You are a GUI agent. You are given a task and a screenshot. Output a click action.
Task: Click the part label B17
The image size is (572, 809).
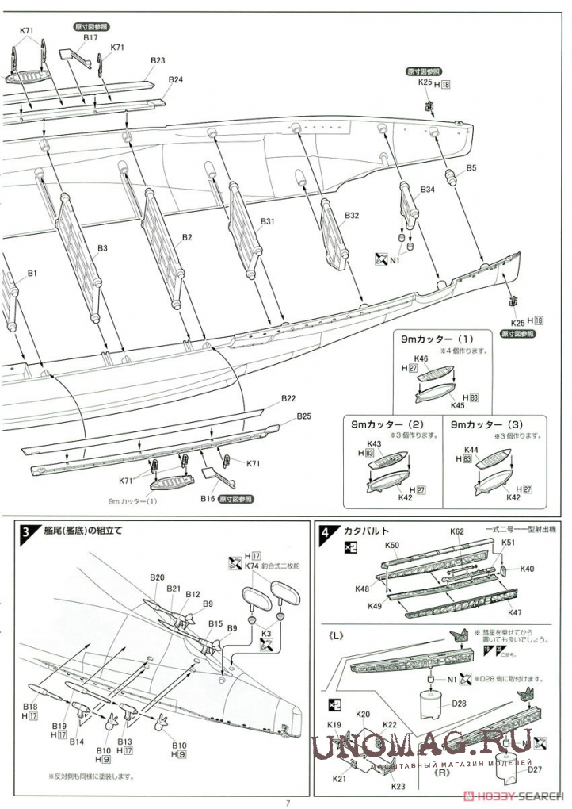(90, 37)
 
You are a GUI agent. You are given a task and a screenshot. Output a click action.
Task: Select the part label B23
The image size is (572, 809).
(156, 61)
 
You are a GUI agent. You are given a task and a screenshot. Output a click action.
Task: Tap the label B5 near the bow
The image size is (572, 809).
(471, 168)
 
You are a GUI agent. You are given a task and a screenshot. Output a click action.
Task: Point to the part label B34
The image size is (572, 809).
(427, 190)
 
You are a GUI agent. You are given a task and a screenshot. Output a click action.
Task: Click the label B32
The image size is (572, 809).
(352, 215)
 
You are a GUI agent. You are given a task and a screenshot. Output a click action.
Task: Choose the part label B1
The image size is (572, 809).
(32, 274)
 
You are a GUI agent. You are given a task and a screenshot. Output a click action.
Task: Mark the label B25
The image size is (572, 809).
(304, 416)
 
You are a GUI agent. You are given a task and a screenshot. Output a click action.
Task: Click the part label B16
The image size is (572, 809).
(208, 500)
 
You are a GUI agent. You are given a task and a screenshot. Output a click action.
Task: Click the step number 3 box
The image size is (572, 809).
(26, 532)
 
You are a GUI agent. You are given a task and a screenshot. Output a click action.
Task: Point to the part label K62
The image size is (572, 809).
(457, 532)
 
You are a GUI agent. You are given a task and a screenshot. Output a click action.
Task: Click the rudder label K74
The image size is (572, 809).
(252, 566)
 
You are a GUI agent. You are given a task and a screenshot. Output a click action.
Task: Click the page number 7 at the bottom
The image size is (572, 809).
(288, 802)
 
